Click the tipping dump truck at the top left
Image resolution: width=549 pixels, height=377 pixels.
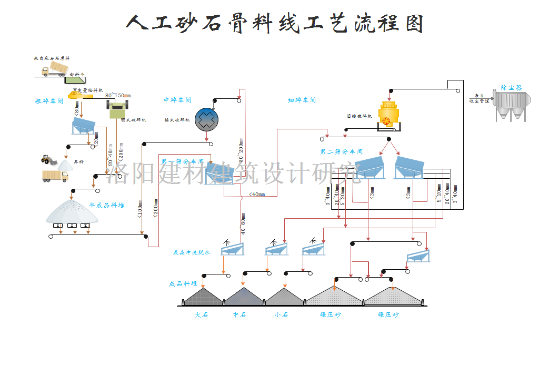pyautogui.click(x=54, y=69)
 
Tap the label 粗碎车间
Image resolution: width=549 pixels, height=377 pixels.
pyautogui.click(x=49, y=101)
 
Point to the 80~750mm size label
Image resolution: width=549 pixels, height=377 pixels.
pyautogui.click(x=117, y=95)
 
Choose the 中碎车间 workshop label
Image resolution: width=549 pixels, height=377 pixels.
pyautogui.click(x=177, y=100)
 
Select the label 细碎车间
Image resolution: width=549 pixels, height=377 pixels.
pyautogui.click(x=302, y=100)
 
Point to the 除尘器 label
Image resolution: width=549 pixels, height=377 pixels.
pyautogui.click(x=511, y=87)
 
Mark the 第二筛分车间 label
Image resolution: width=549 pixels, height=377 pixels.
pyautogui.click(x=342, y=151)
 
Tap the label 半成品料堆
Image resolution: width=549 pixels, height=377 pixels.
pyautogui.click(x=106, y=206)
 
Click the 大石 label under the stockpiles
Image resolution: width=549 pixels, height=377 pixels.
pyautogui.click(x=202, y=314)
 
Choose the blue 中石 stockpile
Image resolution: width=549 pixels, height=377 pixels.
pyautogui.click(x=243, y=297)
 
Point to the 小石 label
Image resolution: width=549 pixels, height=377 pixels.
pyautogui.click(x=281, y=314)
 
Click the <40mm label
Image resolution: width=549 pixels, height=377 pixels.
pyautogui.click(x=257, y=194)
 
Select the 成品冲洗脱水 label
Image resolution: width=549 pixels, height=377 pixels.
pyautogui.click(x=192, y=252)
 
